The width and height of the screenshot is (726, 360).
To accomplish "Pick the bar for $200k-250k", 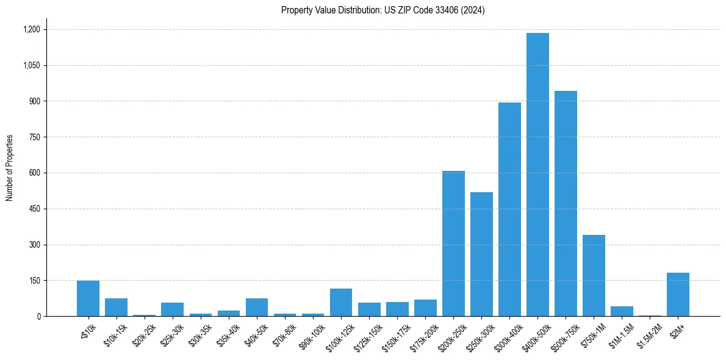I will [x=453, y=243].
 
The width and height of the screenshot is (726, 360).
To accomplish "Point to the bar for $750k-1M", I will [x=594, y=275].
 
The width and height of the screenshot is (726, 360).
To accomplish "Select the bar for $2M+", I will [x=678, y=294].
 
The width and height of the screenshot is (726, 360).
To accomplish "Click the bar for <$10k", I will [x=88, y=298].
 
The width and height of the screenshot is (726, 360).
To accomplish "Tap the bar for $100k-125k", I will [x=341, y=302].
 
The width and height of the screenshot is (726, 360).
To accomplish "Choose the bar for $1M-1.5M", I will [x=622, y=311].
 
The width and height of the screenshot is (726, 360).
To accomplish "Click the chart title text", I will [x=383, y=10].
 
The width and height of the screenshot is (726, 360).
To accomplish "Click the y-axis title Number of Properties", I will [x=10, y=168].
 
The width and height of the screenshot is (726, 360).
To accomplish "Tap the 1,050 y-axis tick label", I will [x=31, y=65].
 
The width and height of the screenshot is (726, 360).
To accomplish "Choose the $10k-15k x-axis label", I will [x=114, y=334].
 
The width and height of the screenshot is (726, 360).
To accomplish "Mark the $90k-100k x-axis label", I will [x=311, y=335].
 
